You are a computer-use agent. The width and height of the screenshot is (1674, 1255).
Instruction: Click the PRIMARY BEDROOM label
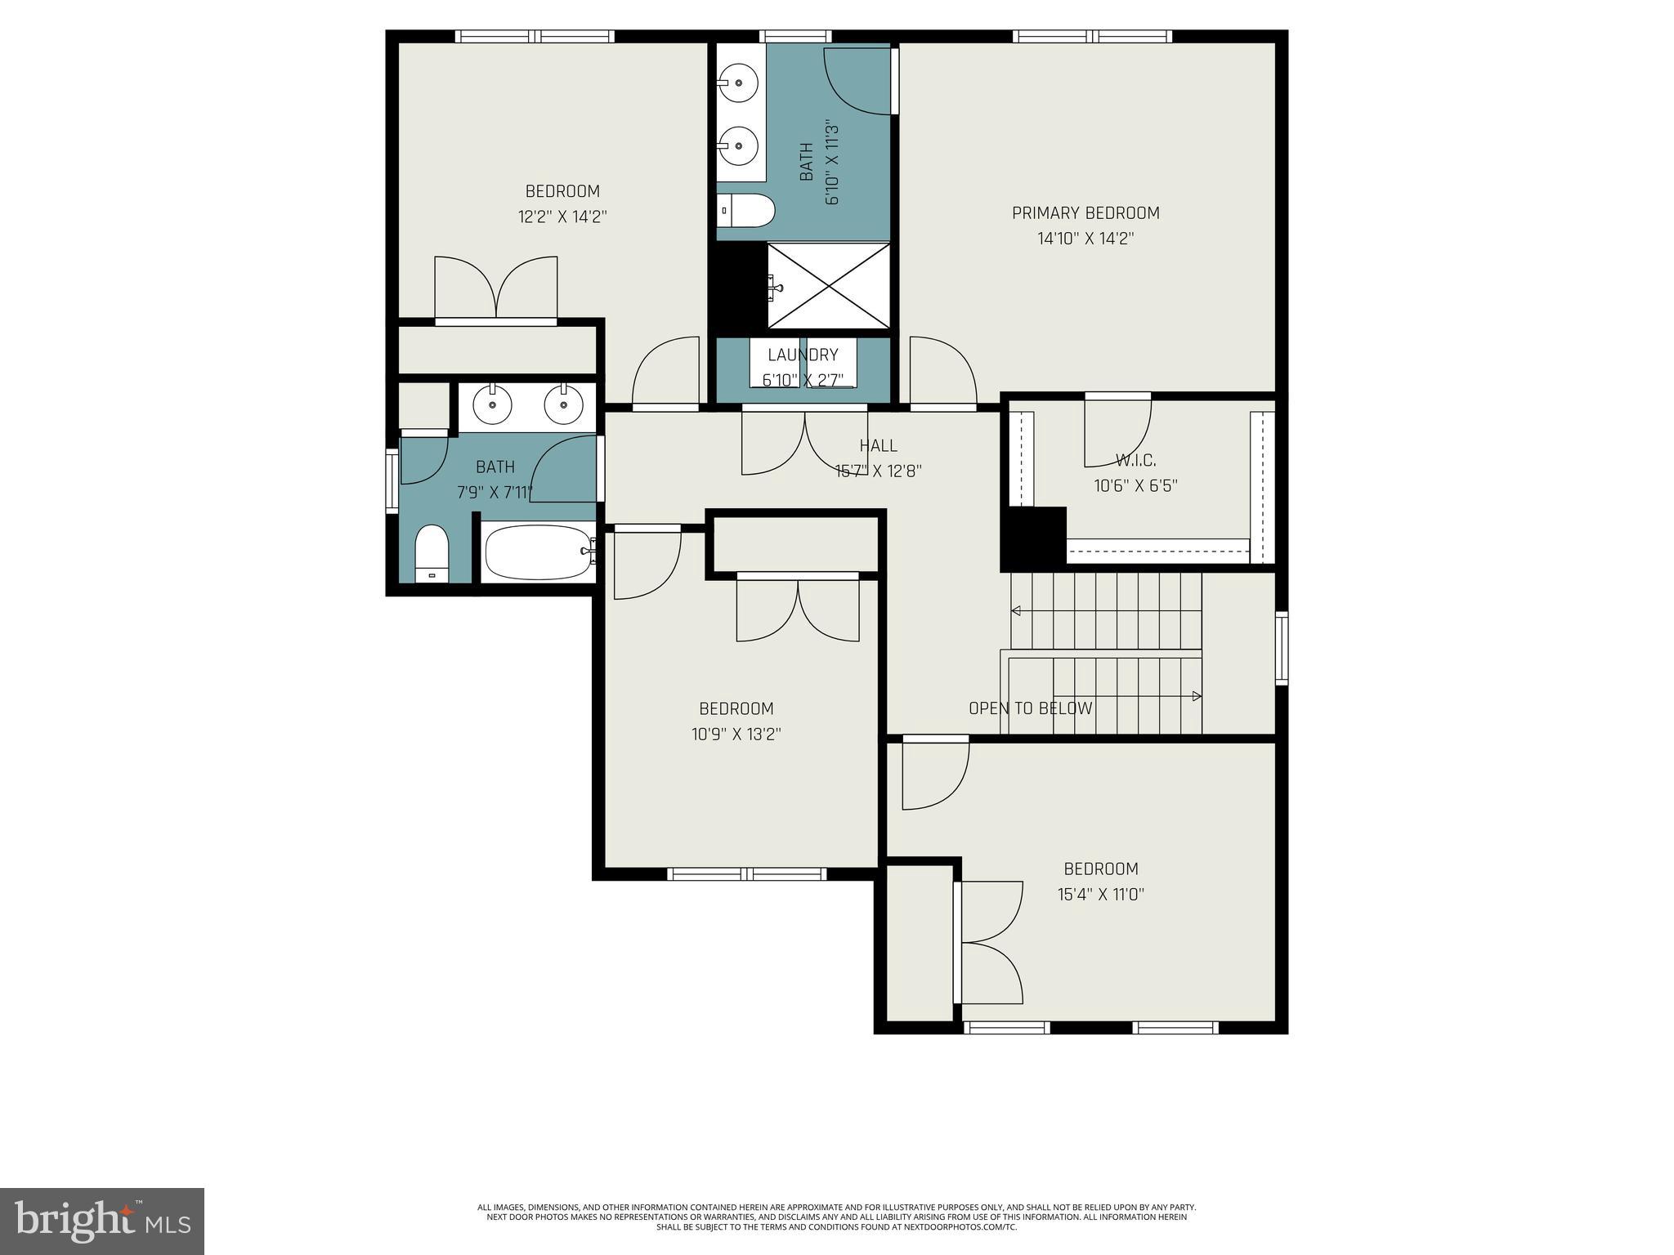tap(1085, 213)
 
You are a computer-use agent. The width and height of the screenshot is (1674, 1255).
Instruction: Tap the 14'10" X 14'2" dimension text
tap(1085, 239)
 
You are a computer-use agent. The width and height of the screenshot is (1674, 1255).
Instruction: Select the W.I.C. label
tap(1135, 460)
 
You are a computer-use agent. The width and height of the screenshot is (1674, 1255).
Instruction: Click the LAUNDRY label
tap(803, 355)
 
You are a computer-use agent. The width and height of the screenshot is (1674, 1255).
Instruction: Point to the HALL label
tap(878, 445)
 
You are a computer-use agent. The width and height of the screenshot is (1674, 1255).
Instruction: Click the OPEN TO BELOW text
tap(1030, 708)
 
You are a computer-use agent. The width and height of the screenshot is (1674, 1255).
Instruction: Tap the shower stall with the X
tap(829, 285)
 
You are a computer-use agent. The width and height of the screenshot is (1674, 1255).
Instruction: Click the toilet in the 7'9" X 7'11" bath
tap(432, 552)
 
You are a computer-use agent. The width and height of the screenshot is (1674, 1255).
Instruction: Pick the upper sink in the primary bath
tap(738, 83)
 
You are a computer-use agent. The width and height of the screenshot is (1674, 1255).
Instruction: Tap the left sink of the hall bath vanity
tap(493, 405)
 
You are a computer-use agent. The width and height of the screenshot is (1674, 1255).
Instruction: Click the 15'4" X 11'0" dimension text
tap(1100, 895)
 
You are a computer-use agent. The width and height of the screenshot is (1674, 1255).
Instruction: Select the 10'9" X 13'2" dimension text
tap(736, 735)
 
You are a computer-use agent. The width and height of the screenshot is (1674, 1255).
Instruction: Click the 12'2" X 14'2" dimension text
tap(562, 217)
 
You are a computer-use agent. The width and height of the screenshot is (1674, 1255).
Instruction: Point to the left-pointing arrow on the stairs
tap(1017, 610)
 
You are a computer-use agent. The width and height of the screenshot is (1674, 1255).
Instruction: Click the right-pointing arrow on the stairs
tap(1196, 696)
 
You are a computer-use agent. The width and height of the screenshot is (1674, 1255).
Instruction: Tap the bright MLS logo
tap(102, 1221)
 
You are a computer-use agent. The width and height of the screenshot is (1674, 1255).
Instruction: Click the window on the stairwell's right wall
tap(1281, 648)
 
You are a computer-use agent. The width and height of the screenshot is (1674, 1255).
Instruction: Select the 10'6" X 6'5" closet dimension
tap(1135, 486)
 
